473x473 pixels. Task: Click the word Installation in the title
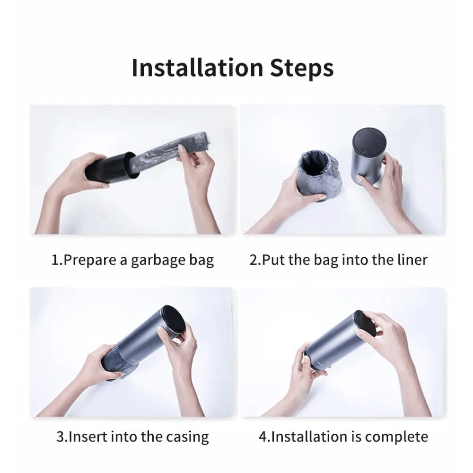[197, 68]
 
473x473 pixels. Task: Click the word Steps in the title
[302, 69]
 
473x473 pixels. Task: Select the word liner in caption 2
[412, 260]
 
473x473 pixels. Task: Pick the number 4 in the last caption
[263, 436]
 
